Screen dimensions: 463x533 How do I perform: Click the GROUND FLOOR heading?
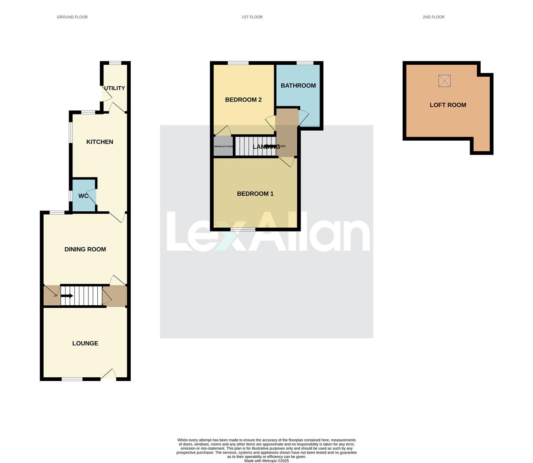[x=72, y=17]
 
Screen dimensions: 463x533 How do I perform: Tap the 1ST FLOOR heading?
[x=252, y=17]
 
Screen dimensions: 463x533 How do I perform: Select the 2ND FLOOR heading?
[x=433, y=17]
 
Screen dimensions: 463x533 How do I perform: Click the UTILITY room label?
[x=114, y=88]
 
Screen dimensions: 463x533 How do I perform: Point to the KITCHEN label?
[x=99, y=142]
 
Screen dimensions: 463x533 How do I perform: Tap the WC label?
[x=83, y=196]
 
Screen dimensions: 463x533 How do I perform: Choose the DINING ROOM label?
[x=85, y=249]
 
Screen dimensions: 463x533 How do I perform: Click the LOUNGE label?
[x=85, y=343]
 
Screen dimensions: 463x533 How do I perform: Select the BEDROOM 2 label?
[x=243, y=100]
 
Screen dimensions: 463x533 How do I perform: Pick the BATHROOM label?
[x=298, y=86]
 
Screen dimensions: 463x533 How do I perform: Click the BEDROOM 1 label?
[x=255, y=194]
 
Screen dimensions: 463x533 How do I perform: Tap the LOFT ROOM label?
[x=448, y=105]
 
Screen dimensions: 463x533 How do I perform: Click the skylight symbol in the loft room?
[x=445, y=81]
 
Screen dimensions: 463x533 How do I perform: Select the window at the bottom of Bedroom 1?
[x=243, y=230]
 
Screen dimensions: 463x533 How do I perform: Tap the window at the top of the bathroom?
[x=305, y=63]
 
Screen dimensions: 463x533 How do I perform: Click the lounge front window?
[x=72, y=379]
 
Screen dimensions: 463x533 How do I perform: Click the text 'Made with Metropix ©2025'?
[x=266, y=461]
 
